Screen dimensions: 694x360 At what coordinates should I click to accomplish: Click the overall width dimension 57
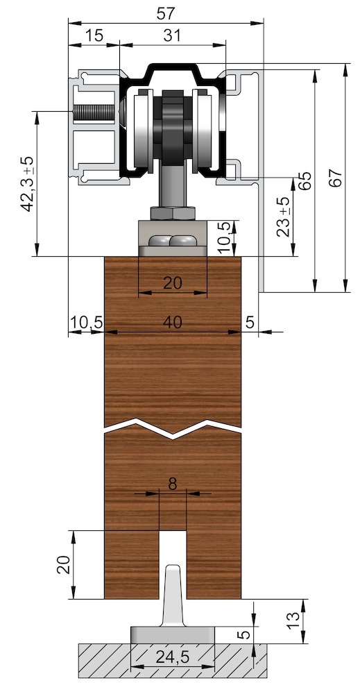166,12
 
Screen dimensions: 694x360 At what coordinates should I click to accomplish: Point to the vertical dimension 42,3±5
28,183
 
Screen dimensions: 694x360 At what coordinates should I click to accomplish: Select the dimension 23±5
283,217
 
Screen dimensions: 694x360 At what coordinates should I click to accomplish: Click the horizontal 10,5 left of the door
86,321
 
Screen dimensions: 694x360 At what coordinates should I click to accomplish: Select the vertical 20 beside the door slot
62,564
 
